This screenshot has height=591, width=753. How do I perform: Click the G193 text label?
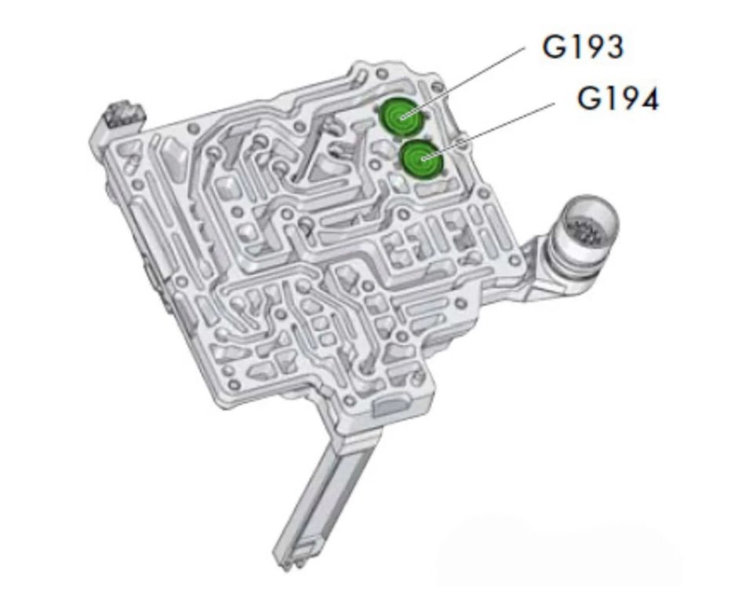point(583,46)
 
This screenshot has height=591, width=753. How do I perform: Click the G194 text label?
point(617,99)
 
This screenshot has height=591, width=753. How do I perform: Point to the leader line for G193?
point(462,82)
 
